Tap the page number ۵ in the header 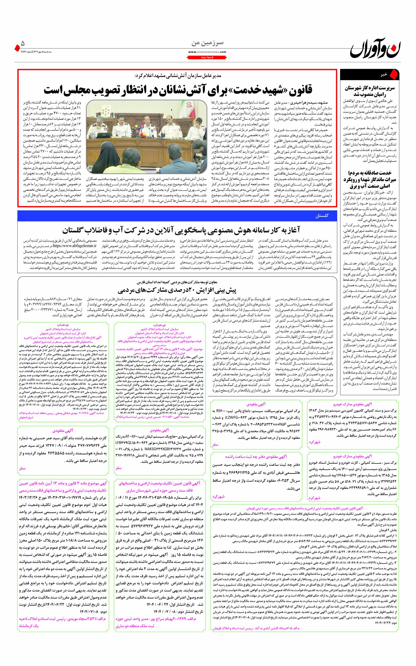click(23, 43)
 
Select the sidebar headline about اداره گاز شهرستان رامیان click(369, 91)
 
